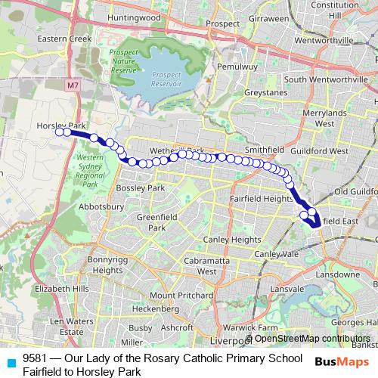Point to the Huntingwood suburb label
(134, 17)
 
